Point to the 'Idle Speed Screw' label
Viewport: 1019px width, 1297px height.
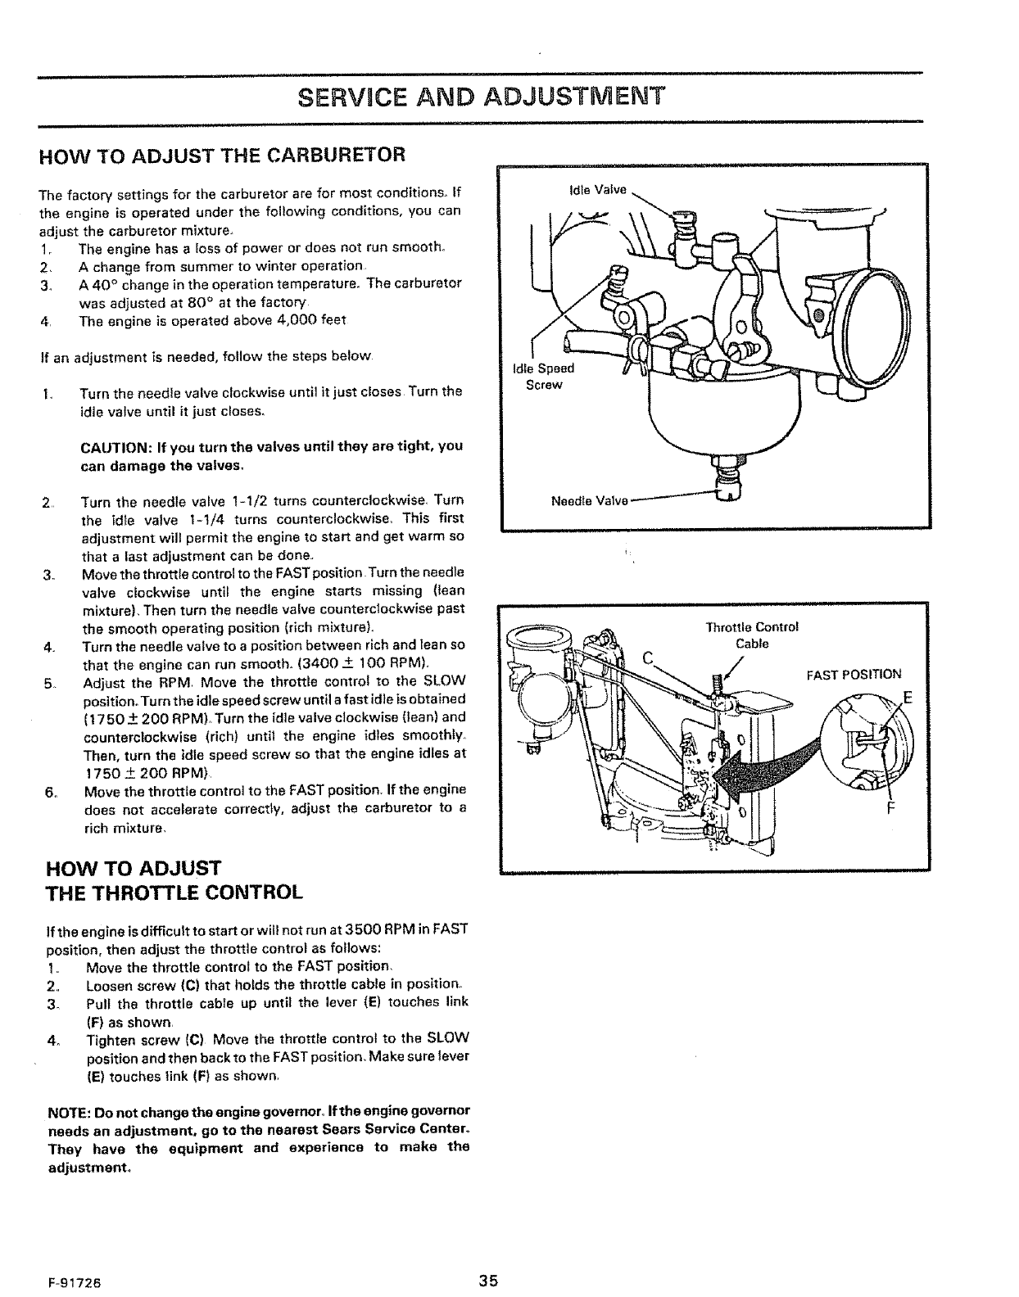[x=543, y=376]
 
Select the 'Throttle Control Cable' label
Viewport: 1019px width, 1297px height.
[x=751, y=635]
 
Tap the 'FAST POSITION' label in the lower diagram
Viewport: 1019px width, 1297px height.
[x=853, y=675]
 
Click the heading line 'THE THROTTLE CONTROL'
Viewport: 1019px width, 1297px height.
[x=167, y=891]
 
